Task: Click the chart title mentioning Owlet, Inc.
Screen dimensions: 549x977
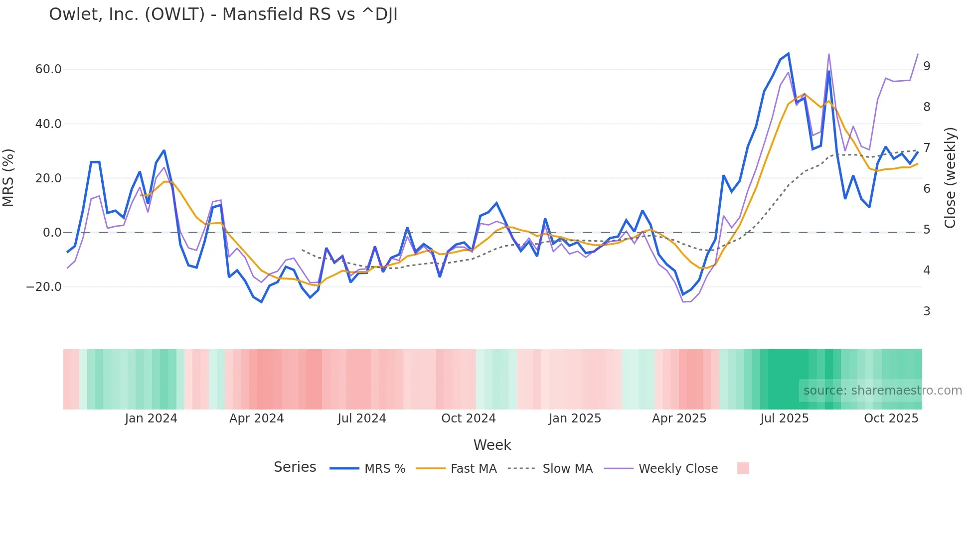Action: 223,14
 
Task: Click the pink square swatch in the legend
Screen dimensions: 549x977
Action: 743,468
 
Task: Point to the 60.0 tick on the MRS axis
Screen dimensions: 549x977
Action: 48,69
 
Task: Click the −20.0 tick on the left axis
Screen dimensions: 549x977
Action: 44,287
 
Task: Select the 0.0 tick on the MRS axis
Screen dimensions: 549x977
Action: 52,233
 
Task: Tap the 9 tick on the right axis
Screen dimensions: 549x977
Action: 927,66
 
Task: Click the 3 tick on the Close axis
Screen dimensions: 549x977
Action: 927,311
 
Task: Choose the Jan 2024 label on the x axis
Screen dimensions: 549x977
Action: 151,418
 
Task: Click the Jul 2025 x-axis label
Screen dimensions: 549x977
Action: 784,418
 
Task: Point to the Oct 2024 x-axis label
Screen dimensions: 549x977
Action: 469,418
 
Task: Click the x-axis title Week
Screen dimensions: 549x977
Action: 492,445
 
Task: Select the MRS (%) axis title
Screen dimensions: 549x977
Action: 8,177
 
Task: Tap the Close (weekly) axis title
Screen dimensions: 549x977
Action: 950,178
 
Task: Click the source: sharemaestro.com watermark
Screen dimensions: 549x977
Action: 882,391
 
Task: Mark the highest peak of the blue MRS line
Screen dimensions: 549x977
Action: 788,53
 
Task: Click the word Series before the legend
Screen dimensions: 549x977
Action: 295,467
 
